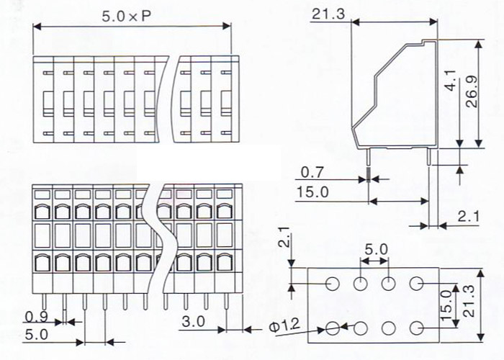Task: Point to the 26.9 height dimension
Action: pyautogui.click(x=472, y=93)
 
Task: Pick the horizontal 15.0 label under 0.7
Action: pyautogui.click(x=312, y=192)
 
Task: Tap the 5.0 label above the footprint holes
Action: pyautogui.click(x=375, y=250)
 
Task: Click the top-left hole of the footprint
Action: pyautogui.click(x=332, y=283)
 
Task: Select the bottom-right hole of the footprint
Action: pyautogui.click(x=417, y=328)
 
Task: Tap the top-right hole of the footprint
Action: pyautogui.click(x=417, y=283)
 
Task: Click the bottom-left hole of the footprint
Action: pyautogui.click(x=332, y=328)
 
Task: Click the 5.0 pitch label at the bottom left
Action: pyautogui.click(x=35, y=335)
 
